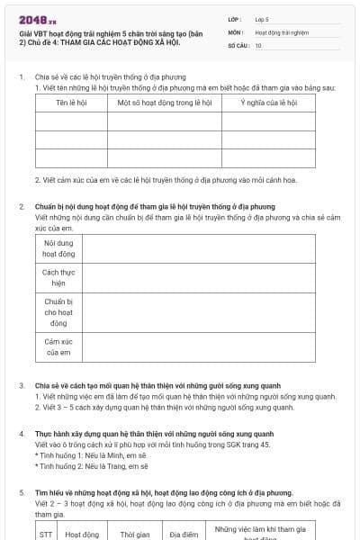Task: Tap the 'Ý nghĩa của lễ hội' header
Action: pyautogui.click(x=268, y=103)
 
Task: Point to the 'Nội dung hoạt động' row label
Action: pyautogui.click(x=58, y=248)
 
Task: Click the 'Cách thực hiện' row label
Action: pyautogui.click(x=58, y=277)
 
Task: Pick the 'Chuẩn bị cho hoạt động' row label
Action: pyautogui.click(x=58, y=311)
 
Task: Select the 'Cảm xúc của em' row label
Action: pyautogui.click(x=58, y=346)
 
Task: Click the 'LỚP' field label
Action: pyautogui.click(x=235, y=18)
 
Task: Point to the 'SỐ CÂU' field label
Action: pyautogui.click(x=238, y=44)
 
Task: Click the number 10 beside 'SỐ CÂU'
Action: pyautogui.click(x=258, y=44)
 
